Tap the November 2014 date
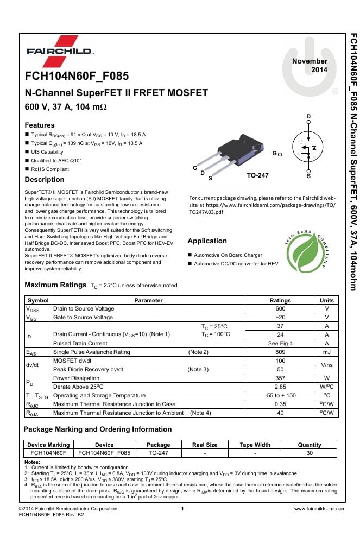click(310, 66)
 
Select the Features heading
click(40, 125)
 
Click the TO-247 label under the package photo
click(257, 175)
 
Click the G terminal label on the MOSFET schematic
click(274, 154)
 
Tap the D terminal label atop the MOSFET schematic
click(308, 117)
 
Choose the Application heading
click(207, 241)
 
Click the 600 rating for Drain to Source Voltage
click(280, 308)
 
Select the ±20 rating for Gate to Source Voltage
click(280, 317)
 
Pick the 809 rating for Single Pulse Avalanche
click(280, 352)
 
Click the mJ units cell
click(327, 352)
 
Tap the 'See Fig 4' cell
click(280, 343)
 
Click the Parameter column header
click(148, 300)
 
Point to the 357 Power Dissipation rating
click(280, 378)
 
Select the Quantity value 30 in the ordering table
click(310, 452)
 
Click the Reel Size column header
click(205, 445)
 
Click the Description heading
click(45, 179)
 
